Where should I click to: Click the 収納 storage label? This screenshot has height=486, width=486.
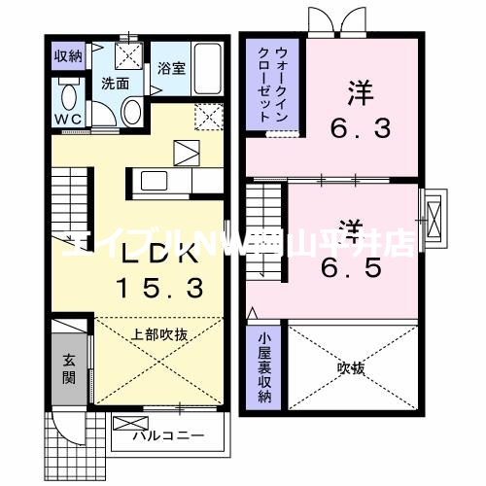[67, 55]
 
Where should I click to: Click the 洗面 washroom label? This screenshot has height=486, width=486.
[116, 84]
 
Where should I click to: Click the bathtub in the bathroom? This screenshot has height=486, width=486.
[204, 67]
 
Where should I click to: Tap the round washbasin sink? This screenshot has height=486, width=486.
[132, 115]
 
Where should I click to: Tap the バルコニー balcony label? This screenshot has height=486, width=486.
[169, 434]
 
